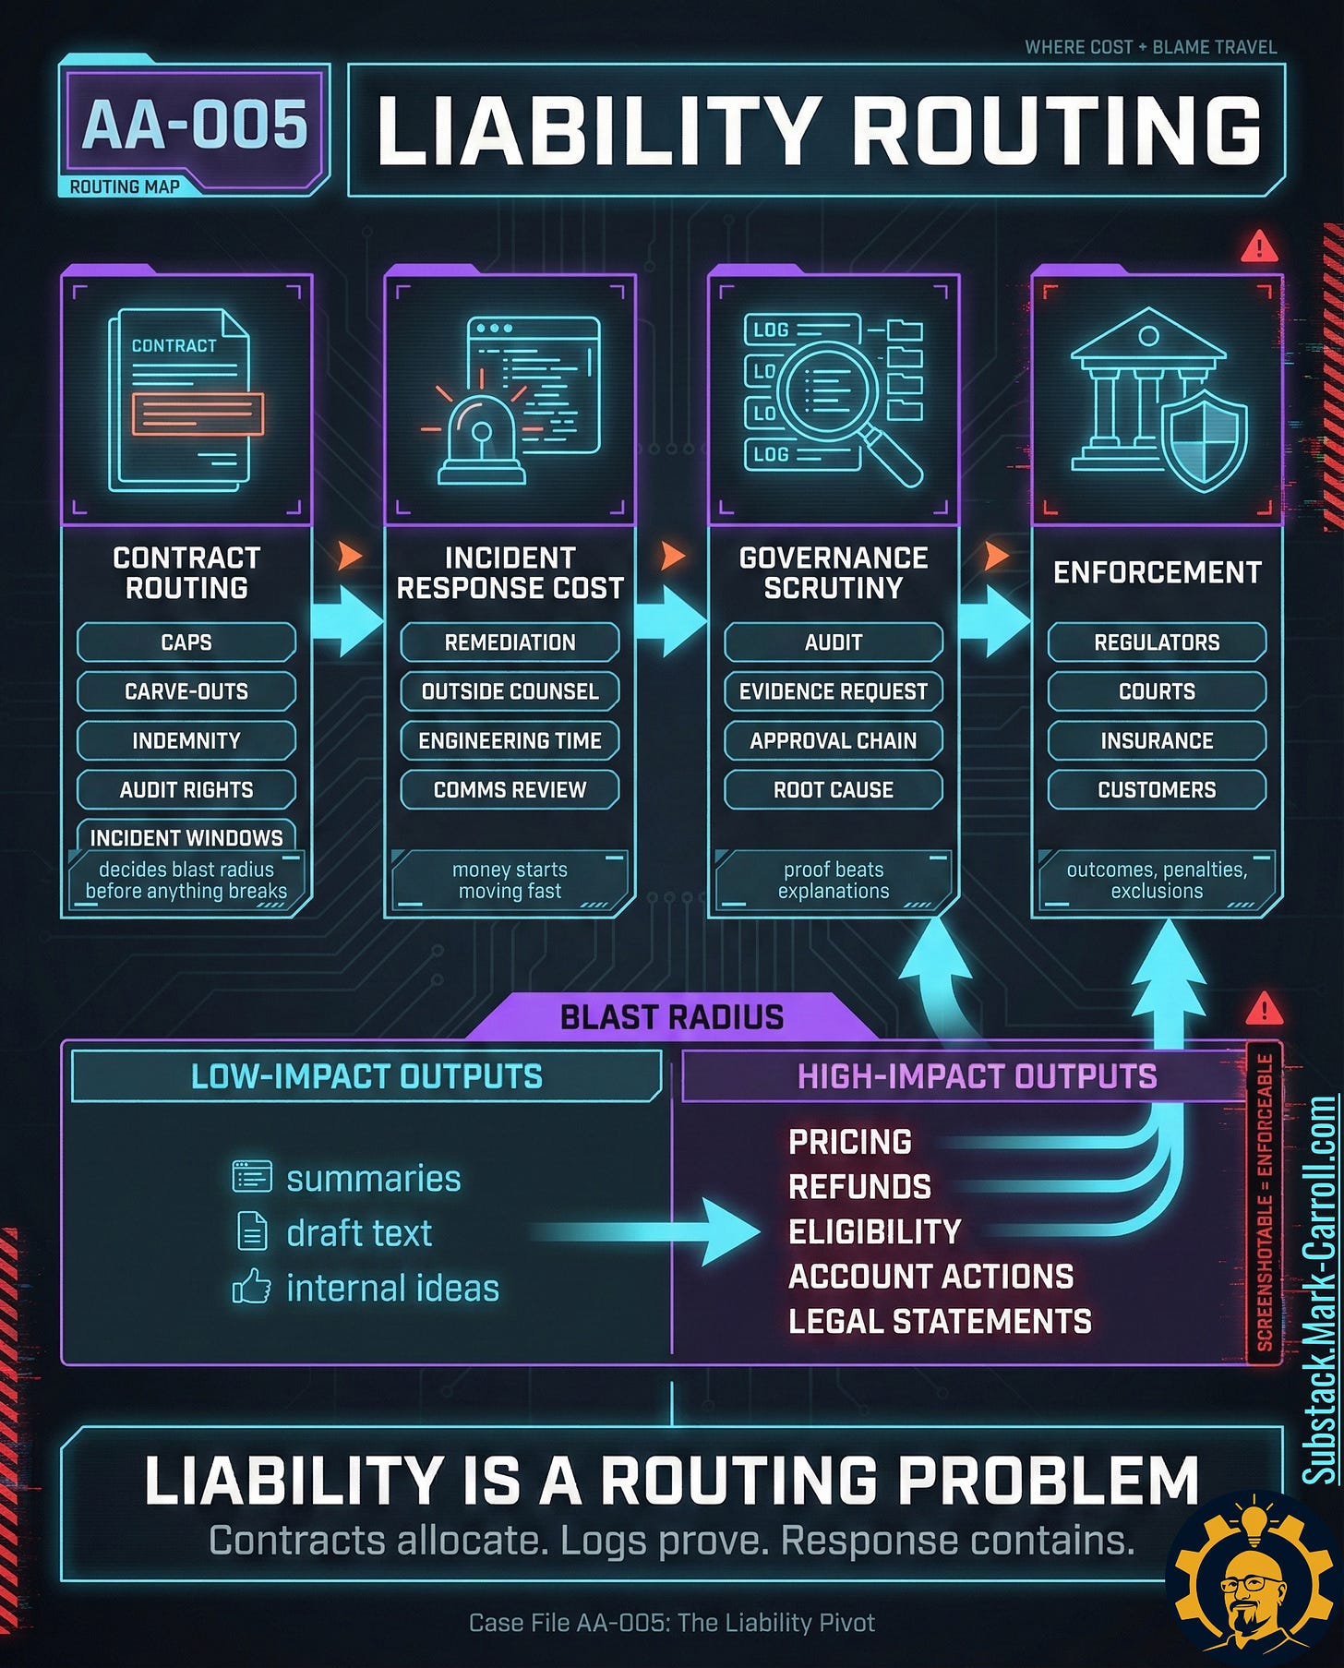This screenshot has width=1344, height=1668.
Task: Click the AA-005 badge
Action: (194, 126)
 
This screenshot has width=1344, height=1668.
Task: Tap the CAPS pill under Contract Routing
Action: (186, 642)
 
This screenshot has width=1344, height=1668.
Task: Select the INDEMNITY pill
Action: (186, 740)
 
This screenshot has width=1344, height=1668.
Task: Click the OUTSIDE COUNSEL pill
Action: (510, 691)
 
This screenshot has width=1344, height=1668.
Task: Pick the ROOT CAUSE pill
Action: (833, 790)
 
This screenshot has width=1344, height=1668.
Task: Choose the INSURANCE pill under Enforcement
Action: (1157, 740)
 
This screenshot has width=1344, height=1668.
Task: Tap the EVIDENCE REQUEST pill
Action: (833, 691)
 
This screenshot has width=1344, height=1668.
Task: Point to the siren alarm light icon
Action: (482, 438)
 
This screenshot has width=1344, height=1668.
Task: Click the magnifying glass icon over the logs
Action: (835, 399)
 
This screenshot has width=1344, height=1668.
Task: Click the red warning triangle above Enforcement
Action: (1259, 247)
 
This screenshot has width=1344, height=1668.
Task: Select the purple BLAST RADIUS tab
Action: (671, 1017)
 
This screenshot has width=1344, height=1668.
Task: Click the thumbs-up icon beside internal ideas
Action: (252, 1287)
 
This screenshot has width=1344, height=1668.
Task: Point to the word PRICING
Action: (850, 1142)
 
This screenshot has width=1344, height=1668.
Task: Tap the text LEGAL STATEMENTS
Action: (940, 1321)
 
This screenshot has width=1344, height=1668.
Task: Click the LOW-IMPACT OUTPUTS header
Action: (366, 1076)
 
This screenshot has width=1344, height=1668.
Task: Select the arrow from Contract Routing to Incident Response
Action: (347, 621)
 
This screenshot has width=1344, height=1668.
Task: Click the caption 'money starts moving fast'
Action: (510, 880)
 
